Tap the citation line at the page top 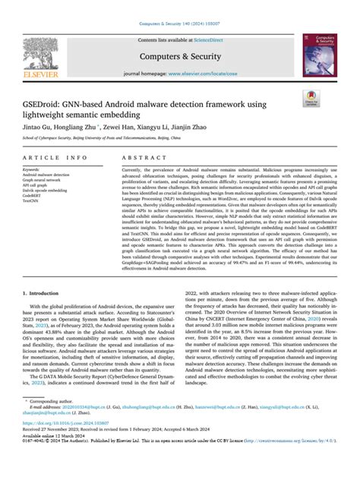tap(180, 6)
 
